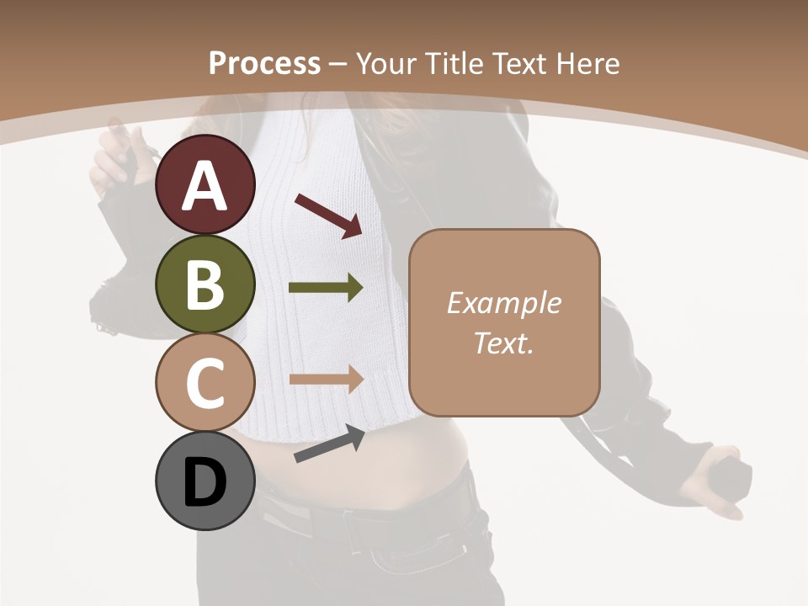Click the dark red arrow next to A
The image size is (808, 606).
pyautogui.click(x=328, y=214)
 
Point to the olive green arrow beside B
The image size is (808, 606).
pyautogui.click(x=326, y=288)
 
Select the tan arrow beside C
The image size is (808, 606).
pyautogui.click(x=326, y=379)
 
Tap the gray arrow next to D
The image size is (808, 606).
pyautogui.click(x=329, y=444)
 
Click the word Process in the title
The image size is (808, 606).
pyautogui.click(x=264, y=63)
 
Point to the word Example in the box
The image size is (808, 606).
pyautogui.click(x=504, y=303)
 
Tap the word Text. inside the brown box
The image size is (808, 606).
pyautogui.click(x=504, y=343)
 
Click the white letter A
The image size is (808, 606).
pyautogui.click(x=205, y=185)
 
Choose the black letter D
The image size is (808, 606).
pyautogui.click(x=205, y=481)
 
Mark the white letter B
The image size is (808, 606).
pyautogui.click(x=205, y=284)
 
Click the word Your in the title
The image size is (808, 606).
pyautogui.click(x=384, y=63)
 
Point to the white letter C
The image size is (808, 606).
pyautogui.click(x=205, y=382)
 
